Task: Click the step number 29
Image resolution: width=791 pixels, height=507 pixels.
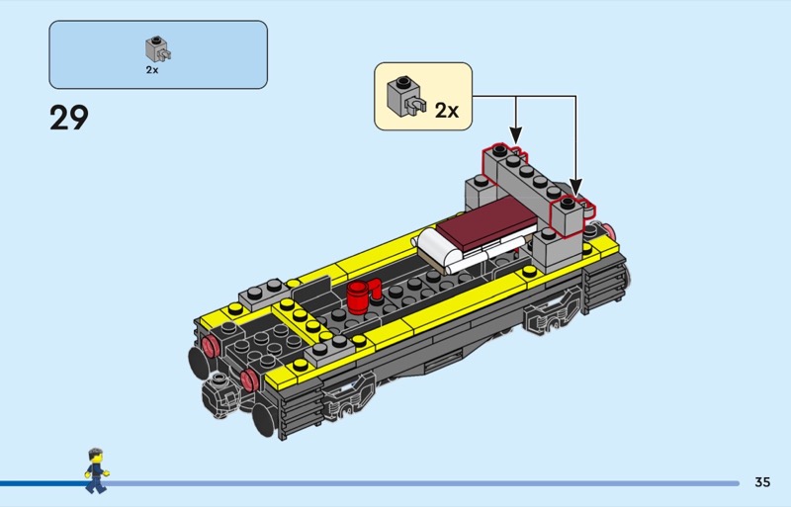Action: coord(69,118)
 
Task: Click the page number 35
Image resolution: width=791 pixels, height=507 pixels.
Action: coord(762,482)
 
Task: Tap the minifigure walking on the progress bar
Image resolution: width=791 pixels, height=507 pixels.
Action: coord(96,470)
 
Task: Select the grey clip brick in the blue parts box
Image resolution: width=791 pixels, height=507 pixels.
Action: coord(158,49)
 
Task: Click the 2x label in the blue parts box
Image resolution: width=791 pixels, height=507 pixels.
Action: coord(152,70)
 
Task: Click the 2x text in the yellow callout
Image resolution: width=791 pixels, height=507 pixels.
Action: coord(447,111)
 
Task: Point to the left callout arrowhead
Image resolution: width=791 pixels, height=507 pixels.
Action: coord(515,135)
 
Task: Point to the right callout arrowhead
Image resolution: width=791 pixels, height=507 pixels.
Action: coord(575,187)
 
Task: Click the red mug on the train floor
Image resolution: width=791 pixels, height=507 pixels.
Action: coord(363,296)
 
